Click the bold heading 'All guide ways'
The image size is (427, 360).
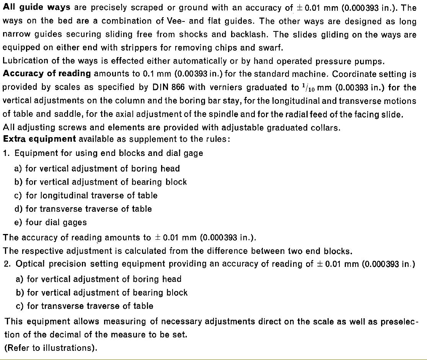(37, 8)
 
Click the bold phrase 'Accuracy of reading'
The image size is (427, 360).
(47, 74)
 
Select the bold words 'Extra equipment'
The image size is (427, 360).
(39, 139)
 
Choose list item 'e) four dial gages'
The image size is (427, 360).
(51, 222)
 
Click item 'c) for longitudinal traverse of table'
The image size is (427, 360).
(86, 195)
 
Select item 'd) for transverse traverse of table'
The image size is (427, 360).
(83, 209)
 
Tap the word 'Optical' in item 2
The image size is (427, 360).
(30, 264)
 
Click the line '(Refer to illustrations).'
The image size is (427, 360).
(51, 348)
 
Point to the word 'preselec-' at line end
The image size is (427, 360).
(399, 322)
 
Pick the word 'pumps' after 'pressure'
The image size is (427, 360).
(370, 61)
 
